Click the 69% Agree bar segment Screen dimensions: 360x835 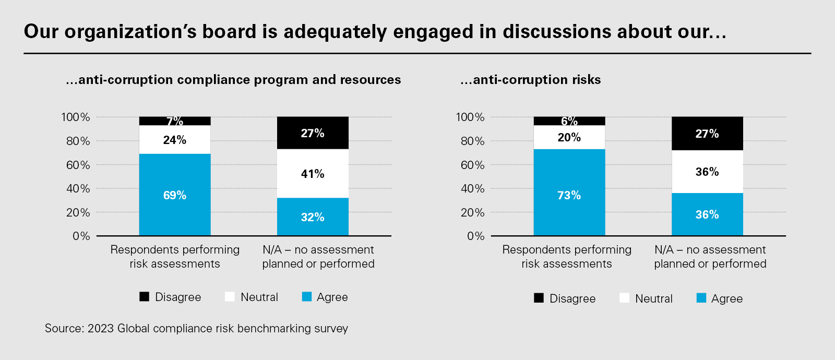[x=175, y=195]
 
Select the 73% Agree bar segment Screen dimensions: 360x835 [x=569, y=193]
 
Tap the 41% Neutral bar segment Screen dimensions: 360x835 [x=313, y=174]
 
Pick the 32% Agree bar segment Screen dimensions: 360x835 [x=313, y=217]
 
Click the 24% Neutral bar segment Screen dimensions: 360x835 [x=175, y=140]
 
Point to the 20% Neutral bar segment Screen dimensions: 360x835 [x=569, y=138]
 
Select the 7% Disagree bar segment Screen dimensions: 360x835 [x=175, y=121]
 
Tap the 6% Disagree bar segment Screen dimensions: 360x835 [x=569, y=121]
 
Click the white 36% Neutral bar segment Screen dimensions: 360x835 [x=707, y=172]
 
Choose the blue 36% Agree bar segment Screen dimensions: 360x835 [x=707, y=214]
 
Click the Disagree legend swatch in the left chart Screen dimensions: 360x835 [x=145, y=297]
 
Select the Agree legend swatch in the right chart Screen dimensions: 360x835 [x=701, y=298]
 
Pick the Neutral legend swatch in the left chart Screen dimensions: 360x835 [x=230, y=297]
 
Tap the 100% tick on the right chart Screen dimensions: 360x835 [x=470, y=117]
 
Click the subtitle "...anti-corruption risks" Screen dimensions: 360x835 [x=530, y=79]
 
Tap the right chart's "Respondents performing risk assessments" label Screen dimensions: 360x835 [x=567, y=257]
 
